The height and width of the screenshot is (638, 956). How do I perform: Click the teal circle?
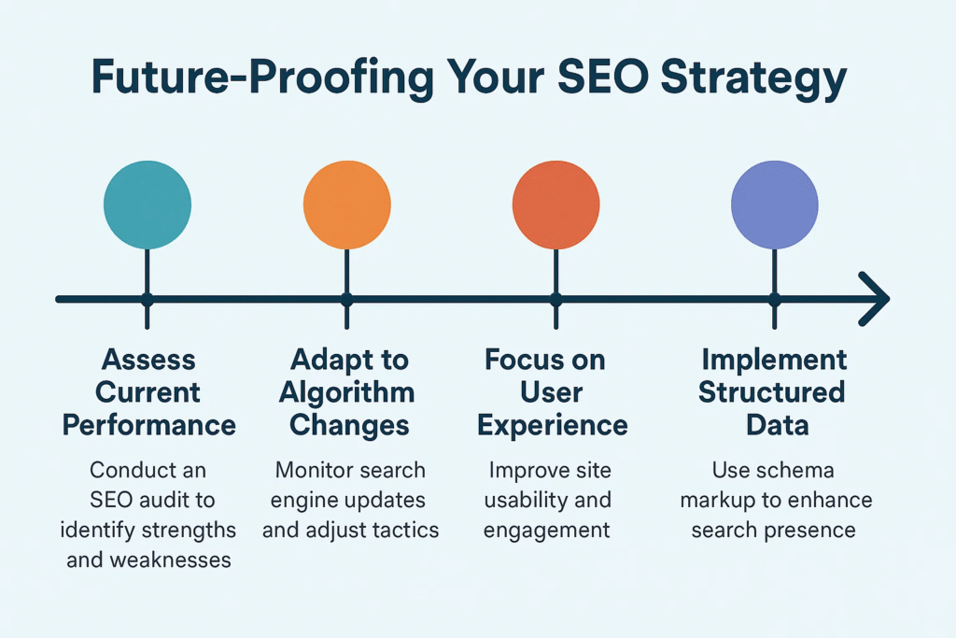tap(148, 205)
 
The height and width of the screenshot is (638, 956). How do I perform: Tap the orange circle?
tap(346, 205)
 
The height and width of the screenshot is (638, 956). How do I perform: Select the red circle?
tap(555, 205)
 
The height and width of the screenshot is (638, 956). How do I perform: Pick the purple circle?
tap(774, 205)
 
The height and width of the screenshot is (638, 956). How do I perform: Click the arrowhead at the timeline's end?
tap(876, 299)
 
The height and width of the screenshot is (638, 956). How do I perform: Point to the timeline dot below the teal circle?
tap(148, 299)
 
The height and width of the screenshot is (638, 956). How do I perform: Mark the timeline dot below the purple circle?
tap(774, 299)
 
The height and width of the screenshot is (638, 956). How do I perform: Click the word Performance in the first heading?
tap(149, 425)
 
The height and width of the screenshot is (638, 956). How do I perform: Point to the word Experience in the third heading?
tap(553, 425)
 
